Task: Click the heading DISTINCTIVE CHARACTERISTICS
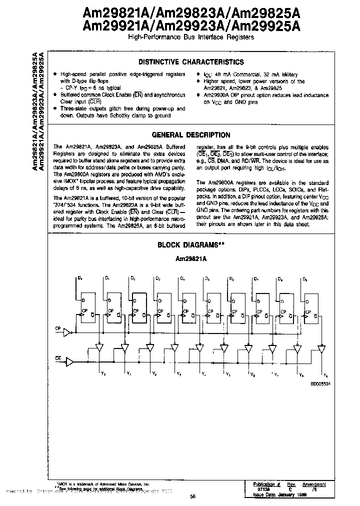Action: click(x=191, y=62)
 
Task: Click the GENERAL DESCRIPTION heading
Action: click(x=191, y=135)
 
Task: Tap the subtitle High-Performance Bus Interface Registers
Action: click(x=191, y=37)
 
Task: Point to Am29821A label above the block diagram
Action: click(x=190, y=259)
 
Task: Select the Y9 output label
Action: click(x=326, y=375)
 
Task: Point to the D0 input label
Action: click(x=81, y=278)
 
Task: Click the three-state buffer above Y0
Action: click(x=99, y=347)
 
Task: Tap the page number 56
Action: click(x=192, y=496)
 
